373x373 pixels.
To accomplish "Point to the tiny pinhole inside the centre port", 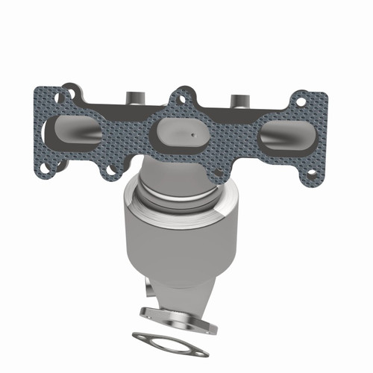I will pyautogui.click(x=192, y=135).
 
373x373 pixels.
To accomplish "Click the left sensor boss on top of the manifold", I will pyautogui.click(x=134, y=97).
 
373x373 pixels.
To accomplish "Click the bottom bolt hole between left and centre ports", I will pyautogui.click(x=112, y=169).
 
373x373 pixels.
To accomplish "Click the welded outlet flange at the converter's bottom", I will pyautogui.click(x=176, y=317).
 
